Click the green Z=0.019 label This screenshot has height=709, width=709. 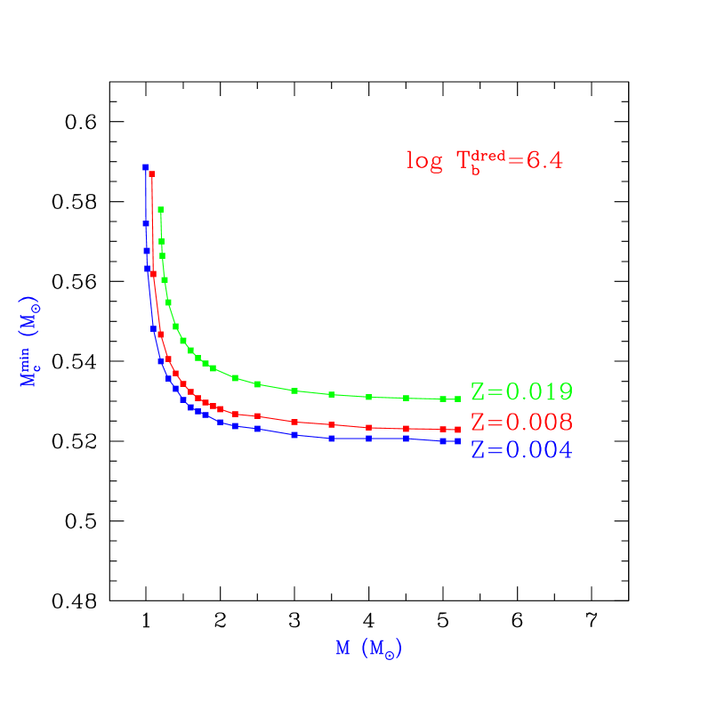click(521, 392)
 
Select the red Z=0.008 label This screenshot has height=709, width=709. click(521, 422)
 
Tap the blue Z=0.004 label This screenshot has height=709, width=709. click(521, 451)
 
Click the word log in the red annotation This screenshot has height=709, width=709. click(424, 162)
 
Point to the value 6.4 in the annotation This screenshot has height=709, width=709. click(544, 161)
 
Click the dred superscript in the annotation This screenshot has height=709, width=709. click(489, 155)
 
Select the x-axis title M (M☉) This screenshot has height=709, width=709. click(369, 649)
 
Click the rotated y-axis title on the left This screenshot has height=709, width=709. click(30, 342)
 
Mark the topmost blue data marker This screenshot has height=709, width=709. click(145, 166)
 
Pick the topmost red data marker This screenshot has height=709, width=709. click(152, 173)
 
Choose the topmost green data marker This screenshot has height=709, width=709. click(160, 210)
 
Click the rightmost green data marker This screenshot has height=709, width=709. click(457, 399)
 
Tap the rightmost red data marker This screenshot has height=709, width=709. click(457, 430)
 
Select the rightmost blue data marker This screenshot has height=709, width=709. click(457, 441)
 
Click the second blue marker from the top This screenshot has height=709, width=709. click(146, 223)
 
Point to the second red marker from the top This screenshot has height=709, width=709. click(153, 273)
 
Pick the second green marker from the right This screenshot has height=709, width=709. click(442, 399)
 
